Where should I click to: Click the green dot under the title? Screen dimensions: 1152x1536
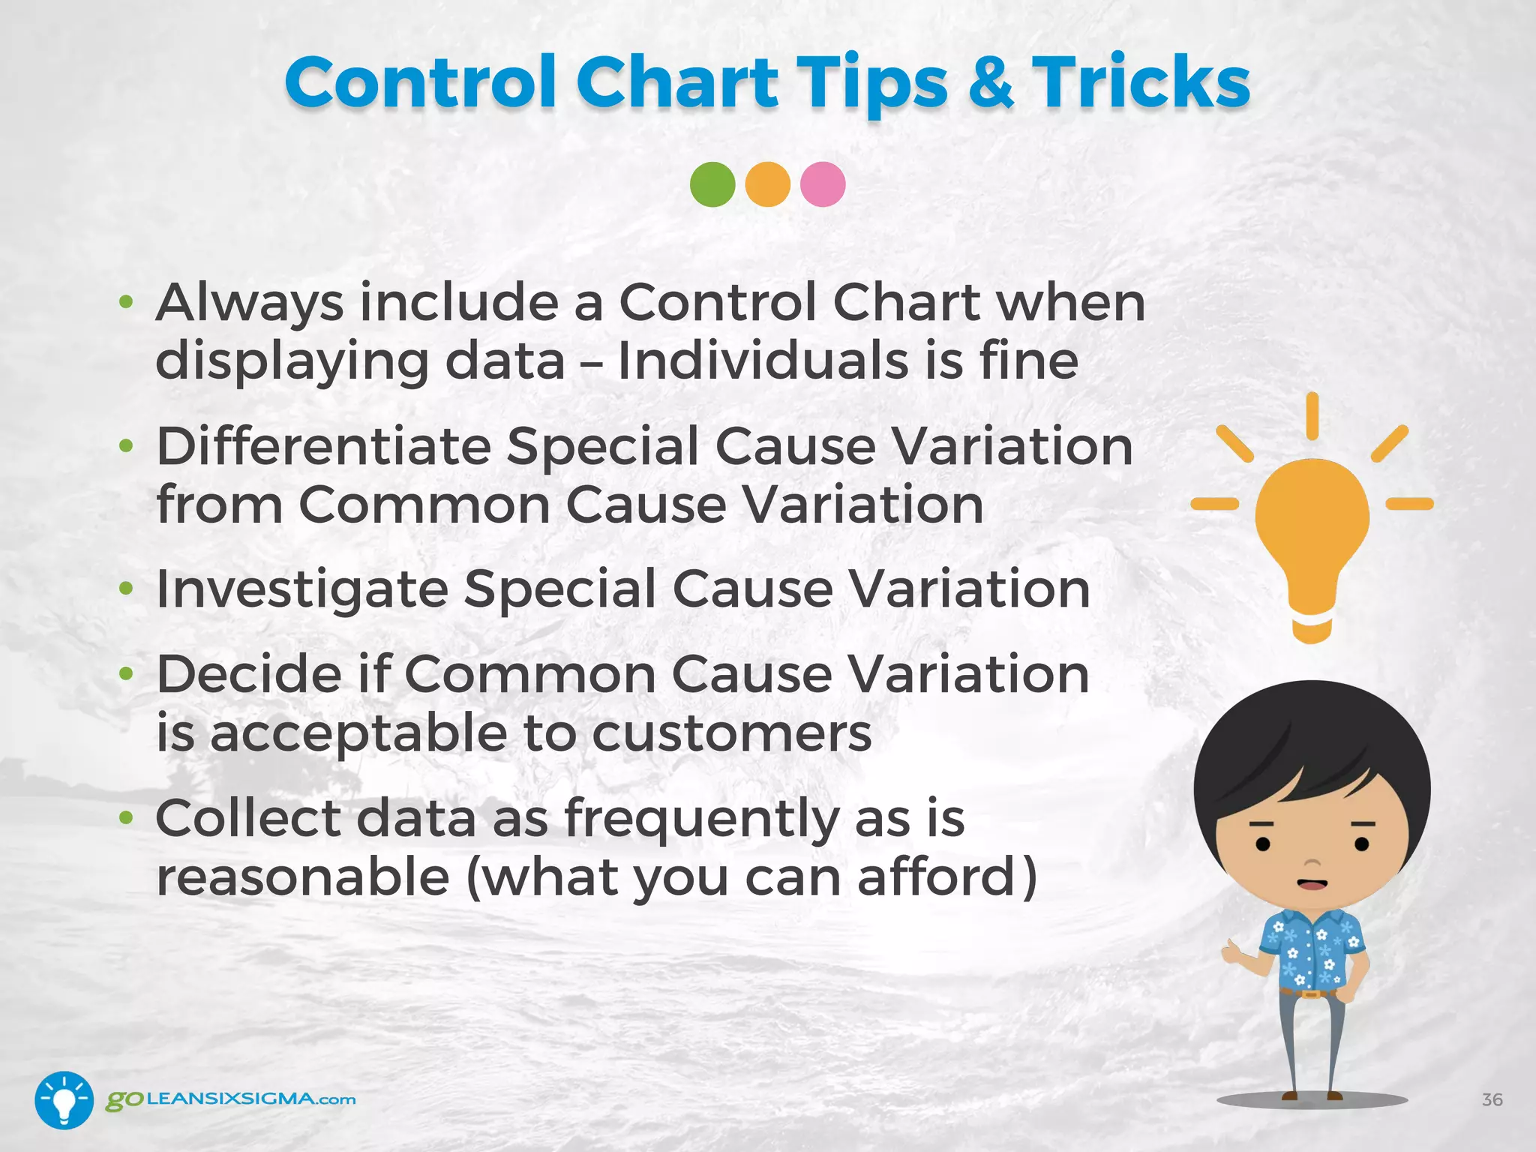[x=712, y=184]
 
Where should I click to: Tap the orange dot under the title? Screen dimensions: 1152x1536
[x=767, y=184]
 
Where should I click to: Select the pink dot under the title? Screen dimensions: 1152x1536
[x=823, y=184]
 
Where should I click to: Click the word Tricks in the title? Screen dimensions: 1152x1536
[x=1141, y=82]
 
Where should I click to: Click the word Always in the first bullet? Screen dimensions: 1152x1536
[x=250, y=304]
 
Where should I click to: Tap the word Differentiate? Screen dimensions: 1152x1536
[x=323, y=447]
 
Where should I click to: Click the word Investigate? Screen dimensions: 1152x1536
[x=302, y=589]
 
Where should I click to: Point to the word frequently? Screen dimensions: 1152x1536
[x=701, y=820]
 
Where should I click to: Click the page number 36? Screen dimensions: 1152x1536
[x=1492, y=1099]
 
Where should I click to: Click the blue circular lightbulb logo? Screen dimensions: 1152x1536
[x=64, y=1099]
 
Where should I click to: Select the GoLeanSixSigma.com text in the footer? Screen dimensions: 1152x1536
[x=231, y=1099]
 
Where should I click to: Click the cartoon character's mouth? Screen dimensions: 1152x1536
[x=1312, y=884]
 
